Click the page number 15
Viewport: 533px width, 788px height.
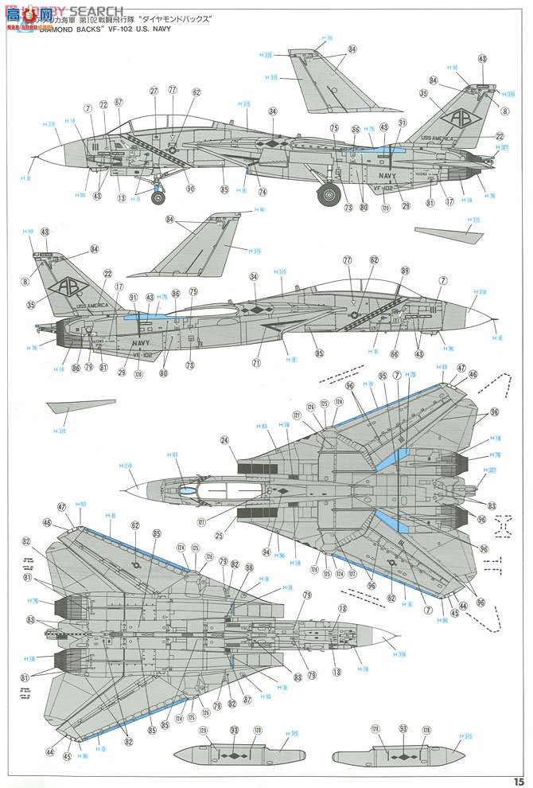tap(518, 780)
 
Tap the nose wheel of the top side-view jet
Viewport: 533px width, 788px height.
tap(158, 197)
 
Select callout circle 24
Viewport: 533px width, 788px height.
tap(225, 439)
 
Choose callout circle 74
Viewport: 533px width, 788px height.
tap(263, 192)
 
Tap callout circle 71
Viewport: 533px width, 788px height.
tap(257, 363)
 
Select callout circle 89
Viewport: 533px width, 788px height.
tap(405, 271)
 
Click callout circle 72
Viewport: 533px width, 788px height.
tap(103, 105)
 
